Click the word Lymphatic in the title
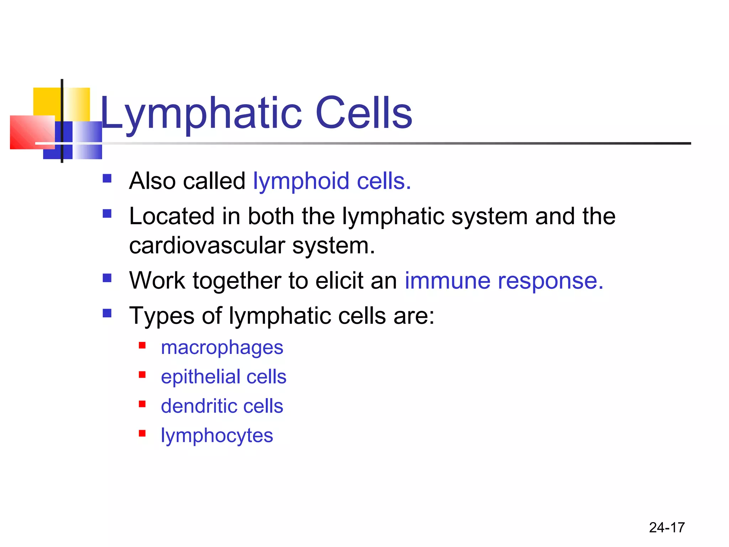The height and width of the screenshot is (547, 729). pos(201,113)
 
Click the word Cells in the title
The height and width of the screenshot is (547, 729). pos(363,113)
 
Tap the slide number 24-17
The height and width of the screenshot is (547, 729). pos(667,527)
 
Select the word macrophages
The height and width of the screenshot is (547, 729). pos(222,348)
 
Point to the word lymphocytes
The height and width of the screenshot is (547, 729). pos(217,436)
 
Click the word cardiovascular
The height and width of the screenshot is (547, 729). pos(207,246)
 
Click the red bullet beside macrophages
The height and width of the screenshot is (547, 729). pos(142,345)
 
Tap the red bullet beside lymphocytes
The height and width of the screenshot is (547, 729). pos(142,433)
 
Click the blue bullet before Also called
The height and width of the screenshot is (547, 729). pos(107,178)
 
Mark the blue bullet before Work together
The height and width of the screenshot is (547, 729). pos(107,278)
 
